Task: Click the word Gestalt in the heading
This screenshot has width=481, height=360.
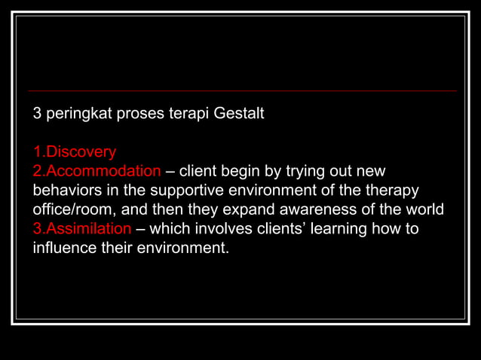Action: point(239,114)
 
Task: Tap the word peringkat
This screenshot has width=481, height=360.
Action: point(75,114)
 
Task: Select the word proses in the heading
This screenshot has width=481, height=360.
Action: point(132,114)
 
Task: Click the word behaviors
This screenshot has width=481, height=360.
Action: point(66,190)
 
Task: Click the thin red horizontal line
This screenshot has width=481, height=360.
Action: point(241,90)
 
